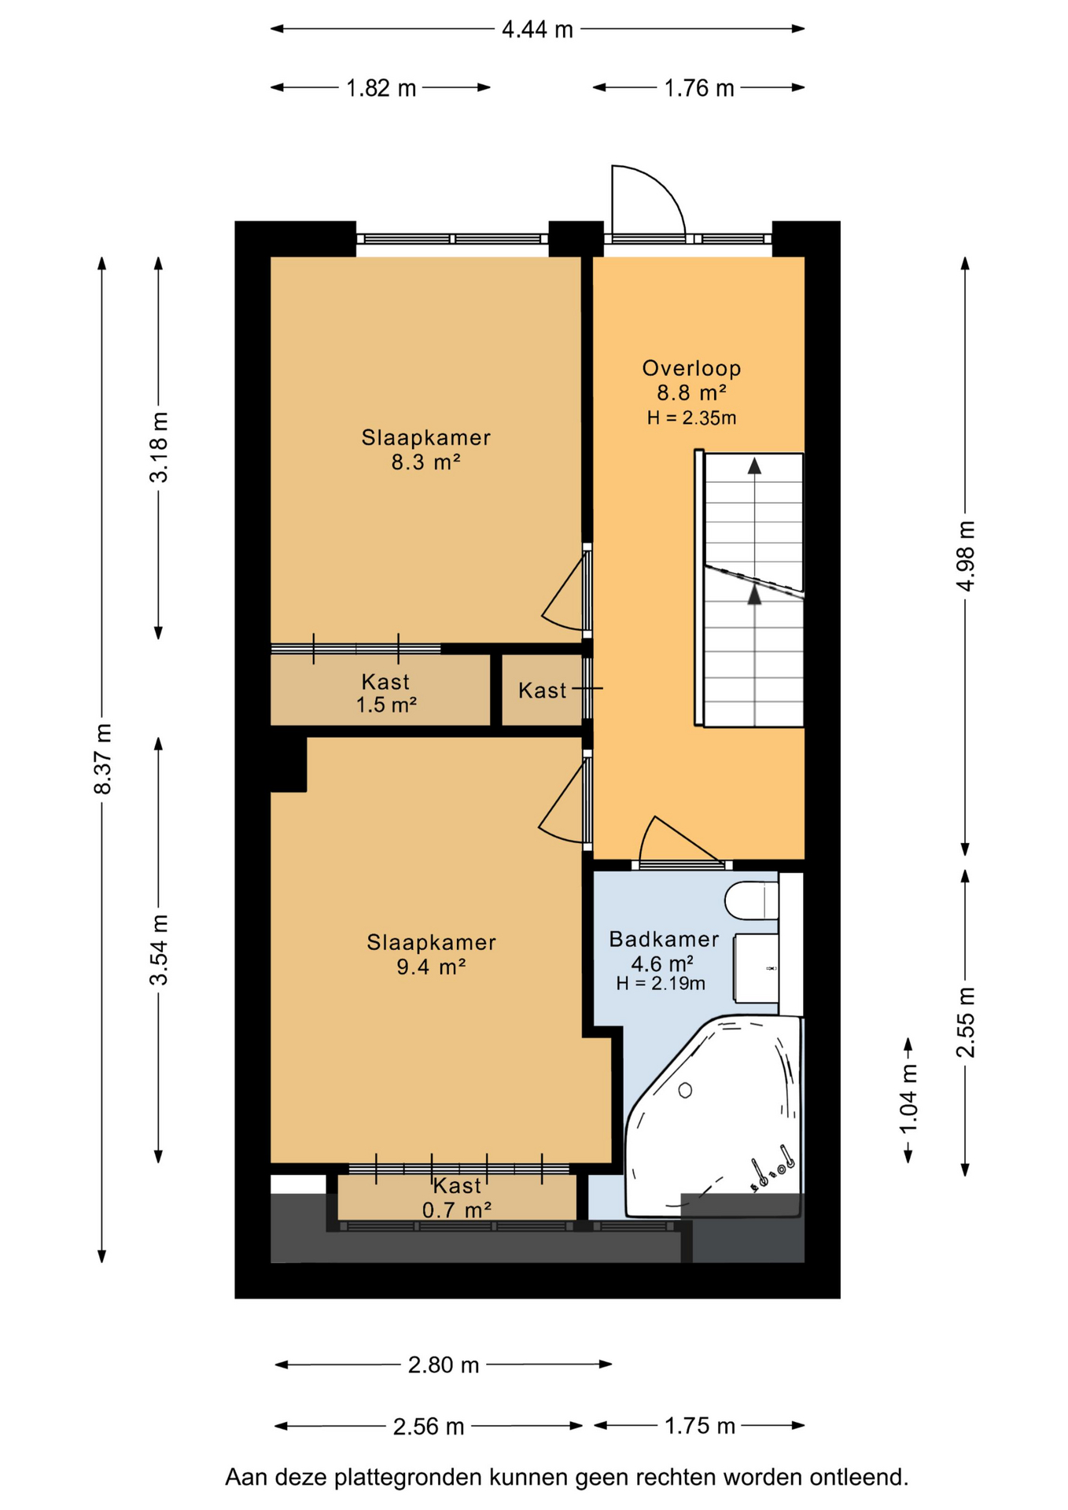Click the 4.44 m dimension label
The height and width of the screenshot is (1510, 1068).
coord(538,30)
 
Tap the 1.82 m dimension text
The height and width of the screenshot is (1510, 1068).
coord(381,88)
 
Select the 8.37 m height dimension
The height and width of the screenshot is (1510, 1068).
coord(103,759)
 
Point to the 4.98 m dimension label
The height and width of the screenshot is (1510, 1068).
coord(966,556)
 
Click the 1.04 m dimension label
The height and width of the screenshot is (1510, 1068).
coord(908,1099)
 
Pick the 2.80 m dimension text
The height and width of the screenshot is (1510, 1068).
coord(444,1365)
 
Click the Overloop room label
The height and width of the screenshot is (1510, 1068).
coord(691,368)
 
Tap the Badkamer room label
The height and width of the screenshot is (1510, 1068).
coord(664,939)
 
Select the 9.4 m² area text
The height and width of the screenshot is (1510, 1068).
coord(431,967)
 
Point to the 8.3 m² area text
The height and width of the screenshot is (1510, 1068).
coord(425,462)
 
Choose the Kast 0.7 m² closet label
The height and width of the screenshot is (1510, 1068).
coord(457,1198)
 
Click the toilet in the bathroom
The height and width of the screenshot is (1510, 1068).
coord(752,900)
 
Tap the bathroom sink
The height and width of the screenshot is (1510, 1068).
coord(756,968)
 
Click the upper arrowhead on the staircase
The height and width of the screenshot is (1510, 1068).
coord(754,466)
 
